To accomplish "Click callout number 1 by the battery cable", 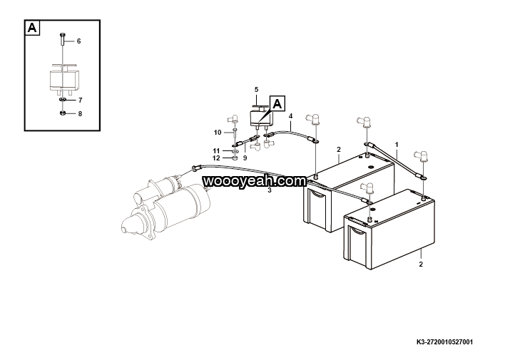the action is click(397, 145).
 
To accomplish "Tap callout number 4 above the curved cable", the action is click(290, 115).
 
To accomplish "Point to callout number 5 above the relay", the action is click(256, 89).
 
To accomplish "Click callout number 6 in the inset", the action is click(78, 41).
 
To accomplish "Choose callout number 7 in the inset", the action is click(81, 101).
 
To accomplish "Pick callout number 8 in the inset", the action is click(80, 113).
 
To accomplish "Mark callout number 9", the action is click(245, 157).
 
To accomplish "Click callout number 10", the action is click(218, 133).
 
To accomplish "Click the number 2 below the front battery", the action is click(421, 264).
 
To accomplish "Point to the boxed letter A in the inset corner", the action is click(33, 28).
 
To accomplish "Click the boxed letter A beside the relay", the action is click(277, 103).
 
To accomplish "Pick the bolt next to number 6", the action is click(63, 43).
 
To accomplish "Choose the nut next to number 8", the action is click(63, 113).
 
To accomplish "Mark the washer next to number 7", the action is click(63, 101).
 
